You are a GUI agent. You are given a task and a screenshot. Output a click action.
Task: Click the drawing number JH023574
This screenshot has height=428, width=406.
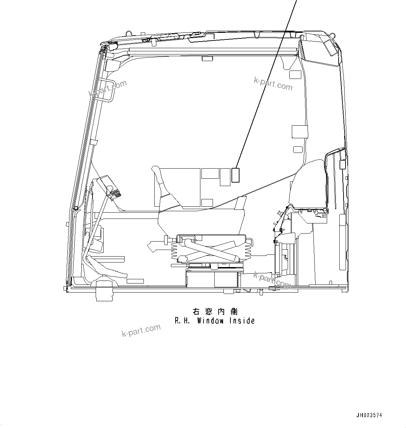369,415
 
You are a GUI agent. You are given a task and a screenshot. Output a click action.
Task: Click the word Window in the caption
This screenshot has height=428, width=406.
210,320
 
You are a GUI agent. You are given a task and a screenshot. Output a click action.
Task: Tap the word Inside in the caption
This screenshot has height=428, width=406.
242,320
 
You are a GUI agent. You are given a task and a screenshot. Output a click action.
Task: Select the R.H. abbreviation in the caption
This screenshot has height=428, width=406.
182,320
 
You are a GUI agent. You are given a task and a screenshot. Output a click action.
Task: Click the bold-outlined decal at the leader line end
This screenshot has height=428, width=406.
235,175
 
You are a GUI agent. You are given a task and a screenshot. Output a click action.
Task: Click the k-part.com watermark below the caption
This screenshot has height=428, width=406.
141,330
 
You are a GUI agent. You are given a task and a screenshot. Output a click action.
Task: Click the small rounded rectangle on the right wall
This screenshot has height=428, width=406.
298,149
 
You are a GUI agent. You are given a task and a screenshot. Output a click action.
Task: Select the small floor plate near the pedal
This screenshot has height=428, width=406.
135,281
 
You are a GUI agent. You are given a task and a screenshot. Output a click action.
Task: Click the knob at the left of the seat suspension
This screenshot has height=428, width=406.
166,240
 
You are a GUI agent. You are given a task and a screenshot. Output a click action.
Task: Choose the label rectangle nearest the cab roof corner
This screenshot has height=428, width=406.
295,74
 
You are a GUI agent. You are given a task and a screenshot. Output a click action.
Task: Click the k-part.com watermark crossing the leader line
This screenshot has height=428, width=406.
273,84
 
